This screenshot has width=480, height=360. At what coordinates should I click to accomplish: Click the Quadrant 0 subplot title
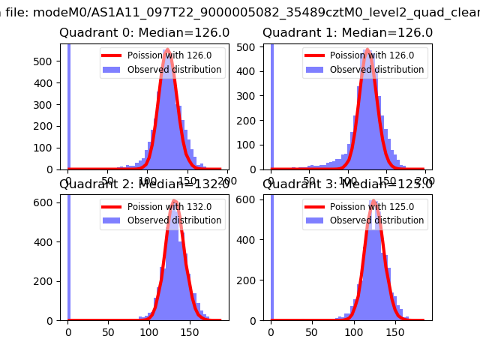coord(144,33)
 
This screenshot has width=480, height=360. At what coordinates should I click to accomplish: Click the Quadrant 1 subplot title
coord(347,33)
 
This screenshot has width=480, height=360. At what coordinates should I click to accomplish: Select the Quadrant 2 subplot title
coord(144,184)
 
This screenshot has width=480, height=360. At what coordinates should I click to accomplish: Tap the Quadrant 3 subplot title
coord(347,184)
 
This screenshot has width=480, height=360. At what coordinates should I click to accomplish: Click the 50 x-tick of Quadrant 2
coord(109,332)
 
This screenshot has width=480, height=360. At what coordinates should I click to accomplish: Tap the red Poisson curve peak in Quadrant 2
coord(174,201)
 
